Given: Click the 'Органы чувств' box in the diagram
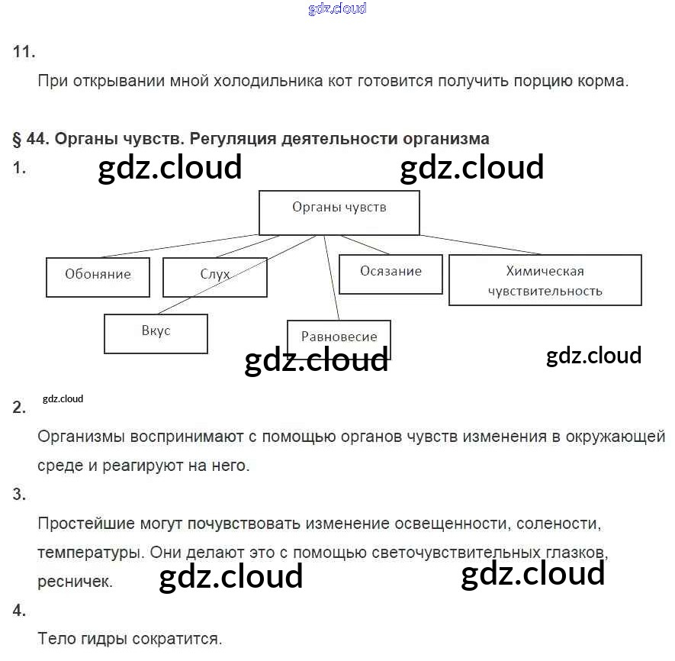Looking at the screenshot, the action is (x=339, y=212).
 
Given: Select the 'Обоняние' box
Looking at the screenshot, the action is (x=98, y=277).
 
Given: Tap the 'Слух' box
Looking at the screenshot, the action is (x=214, y=277).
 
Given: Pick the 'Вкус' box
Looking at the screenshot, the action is (x=156, y=333).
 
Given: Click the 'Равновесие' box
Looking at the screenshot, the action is (x=339, y=337).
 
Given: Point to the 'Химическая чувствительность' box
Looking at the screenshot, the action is (x=545, y=280).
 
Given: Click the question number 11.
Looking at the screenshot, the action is (x=24, y=52).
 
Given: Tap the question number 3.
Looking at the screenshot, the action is (x=20, y=495).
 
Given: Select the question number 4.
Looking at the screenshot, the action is (x=20, y=610).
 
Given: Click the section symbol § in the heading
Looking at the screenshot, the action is (x=17, y=139).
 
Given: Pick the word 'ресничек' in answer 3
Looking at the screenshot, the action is (x=75, y=581).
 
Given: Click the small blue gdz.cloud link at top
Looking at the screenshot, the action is (x=337, y=9).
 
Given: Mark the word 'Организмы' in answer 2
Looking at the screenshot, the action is (x=82, y=437).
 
